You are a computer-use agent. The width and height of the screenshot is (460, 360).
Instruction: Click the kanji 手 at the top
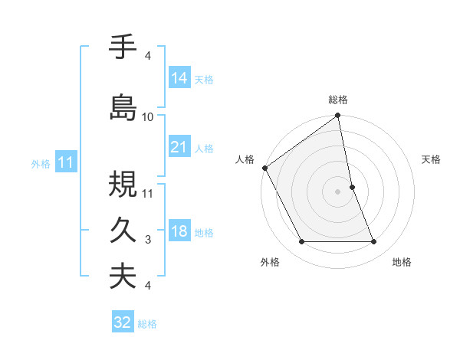(x=123, y=48)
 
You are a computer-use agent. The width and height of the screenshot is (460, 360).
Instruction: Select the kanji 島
(x=123, y=106)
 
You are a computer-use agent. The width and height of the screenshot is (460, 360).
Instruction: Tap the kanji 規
(x=123, y=185)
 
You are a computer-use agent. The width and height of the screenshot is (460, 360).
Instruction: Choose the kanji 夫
(x=123, y=276)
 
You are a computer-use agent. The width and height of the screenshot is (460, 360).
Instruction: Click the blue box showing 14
(x=179, y=78)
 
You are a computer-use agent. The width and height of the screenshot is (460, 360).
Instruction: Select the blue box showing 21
(x=179, y=147)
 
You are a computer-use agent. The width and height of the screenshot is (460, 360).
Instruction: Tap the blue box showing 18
(x=179, y=232)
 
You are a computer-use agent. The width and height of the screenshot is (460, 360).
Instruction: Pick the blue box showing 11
(x=65, y=162)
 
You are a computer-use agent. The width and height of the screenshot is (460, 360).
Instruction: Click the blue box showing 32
(x=123, y=322)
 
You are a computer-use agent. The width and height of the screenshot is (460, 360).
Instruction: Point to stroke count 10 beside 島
(x=148, y=116)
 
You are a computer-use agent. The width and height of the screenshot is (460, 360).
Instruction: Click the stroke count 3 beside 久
(x=148, y=240)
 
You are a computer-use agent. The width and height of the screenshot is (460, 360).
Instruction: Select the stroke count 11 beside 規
(x=148, y=193)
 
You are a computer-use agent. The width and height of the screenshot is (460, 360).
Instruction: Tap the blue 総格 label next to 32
(x=147, y=324)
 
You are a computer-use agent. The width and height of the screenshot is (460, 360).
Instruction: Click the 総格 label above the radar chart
(x=337, y=100)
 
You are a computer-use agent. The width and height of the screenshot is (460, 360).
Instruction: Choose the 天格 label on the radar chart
(x=431, y=159)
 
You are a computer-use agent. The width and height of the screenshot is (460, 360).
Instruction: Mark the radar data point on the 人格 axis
(x=264, y=168)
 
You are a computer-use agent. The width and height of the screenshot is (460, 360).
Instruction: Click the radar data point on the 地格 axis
(x=374, y=242)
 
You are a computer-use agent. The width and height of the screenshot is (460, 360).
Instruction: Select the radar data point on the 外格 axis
(x=301, y=242)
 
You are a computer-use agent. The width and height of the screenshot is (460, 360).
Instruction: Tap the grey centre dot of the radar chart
(x=337, y=191)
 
